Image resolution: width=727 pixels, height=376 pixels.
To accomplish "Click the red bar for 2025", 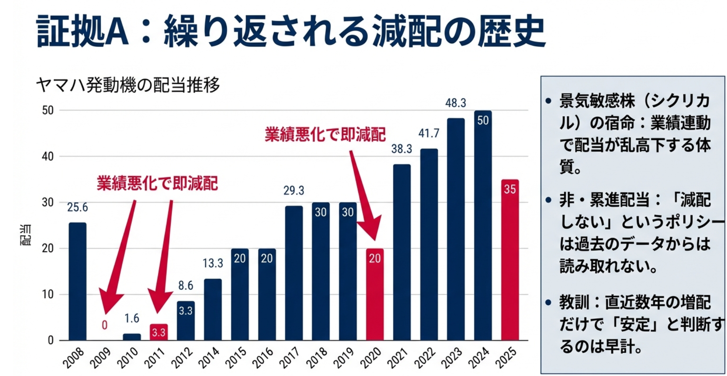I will click(x=510, y=261).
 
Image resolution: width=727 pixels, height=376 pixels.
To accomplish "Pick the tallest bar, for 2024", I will click(x=482, y=227).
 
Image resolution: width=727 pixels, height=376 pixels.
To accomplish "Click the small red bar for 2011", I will click(x=158, y=332).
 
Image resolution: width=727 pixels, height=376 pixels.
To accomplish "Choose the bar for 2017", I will click(x=294, y=273).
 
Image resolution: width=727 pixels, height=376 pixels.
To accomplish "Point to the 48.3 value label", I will click(x=456, y=103).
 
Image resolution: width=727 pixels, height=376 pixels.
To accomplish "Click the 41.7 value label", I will click(x=429, y=133).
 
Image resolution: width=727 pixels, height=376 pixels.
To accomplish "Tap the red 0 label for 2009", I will click(x=105, y=325).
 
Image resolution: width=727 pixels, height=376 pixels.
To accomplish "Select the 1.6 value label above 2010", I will click(x=131, y=318).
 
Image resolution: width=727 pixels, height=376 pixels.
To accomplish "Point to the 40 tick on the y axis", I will click(x=48, y=156).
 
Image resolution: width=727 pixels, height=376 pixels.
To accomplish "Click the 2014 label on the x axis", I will click(x=210, y=358).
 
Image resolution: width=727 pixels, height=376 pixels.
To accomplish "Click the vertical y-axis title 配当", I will click(x=26, y=235).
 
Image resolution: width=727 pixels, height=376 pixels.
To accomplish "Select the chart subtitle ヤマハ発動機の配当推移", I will click(x=128, y=85).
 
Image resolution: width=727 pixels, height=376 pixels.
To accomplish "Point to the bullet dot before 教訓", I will click(x=548, y=303).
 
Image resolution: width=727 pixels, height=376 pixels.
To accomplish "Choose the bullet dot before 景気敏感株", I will click(x=548, y=101).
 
